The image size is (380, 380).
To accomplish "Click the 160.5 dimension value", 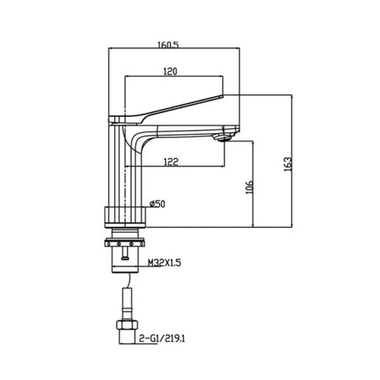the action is pyautogui.click(x=168, y=44).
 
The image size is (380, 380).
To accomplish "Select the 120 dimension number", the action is pyautogui.click(x=170, y=72).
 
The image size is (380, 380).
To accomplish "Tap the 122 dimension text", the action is pyautogui.click(x=171, y=161).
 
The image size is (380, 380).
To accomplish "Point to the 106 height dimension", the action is pyautogui.click(x=250, y=187).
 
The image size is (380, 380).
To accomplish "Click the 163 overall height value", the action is pyautogui.click(x=288, y=165).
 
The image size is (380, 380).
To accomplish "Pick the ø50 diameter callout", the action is pyautogui.click(x=158, y=204).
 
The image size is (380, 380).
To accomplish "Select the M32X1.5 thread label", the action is pyautogui.click(x=165, y=263).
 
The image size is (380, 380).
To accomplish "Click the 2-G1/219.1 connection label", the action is pyautogui.click(x=162, y=338).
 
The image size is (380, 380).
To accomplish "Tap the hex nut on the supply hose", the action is pyautogui.click(x=127, y=325).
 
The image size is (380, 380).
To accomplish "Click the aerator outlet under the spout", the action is pyautogui.click(x=224, y=139).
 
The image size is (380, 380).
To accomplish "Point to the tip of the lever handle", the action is pyautogui.click(x=223, y=96).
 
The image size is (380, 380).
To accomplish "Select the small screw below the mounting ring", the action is pyautogui.click(x=125, y=253).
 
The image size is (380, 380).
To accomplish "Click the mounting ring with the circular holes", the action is pyautogui.click(x=125, y=243).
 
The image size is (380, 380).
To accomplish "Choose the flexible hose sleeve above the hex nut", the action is pyautogui.click(x=127, y=304).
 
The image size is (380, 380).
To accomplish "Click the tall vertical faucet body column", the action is pyautogui.click(x=125, y=165).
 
